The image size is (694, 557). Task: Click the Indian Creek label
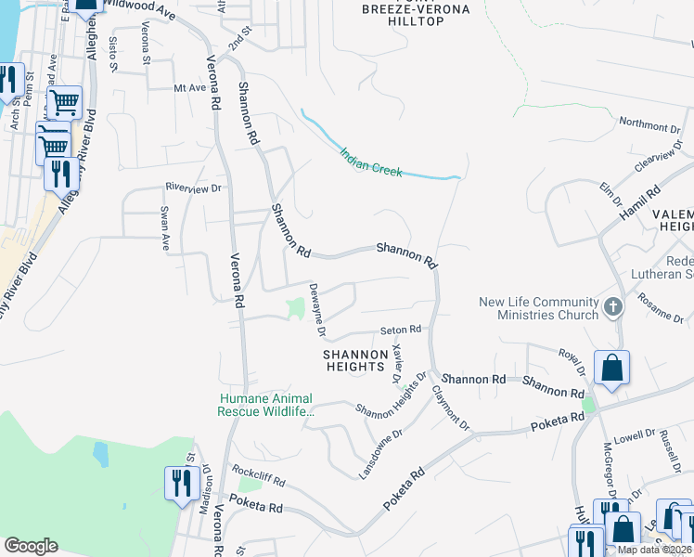(x=370, y=162)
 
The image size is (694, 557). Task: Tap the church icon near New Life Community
(x=612, y=306)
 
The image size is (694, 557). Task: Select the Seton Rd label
(x=401, y=330)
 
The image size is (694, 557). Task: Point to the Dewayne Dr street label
(x=316, y=310)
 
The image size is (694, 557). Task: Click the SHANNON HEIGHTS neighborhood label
(x=355, y=360)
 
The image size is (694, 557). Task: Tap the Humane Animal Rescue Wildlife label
(x=266, y=405)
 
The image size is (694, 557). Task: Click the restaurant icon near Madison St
(x=179, y=483)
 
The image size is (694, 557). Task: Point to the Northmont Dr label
(x=643, y=124)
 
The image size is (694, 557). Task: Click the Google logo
(x=31, y=546)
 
